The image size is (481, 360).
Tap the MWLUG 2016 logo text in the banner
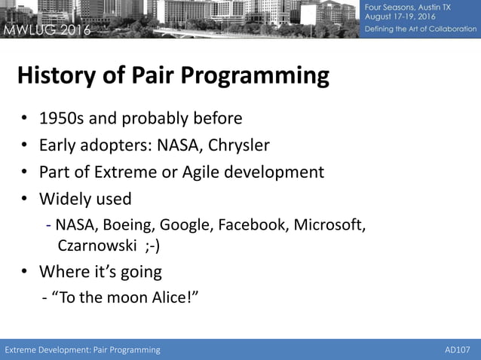[x=47, y=30]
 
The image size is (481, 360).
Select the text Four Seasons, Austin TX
[x=408, y=7]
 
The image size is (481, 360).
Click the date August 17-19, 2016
[x=400, y=17]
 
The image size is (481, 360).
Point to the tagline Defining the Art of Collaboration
[x=421, y=29]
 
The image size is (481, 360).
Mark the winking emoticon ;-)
[x=152, y=246]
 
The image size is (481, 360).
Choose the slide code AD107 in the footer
[x=458, y=349]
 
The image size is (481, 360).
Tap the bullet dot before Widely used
[x=25, y=199]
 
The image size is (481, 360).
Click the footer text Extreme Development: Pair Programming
[x=83, y=349]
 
